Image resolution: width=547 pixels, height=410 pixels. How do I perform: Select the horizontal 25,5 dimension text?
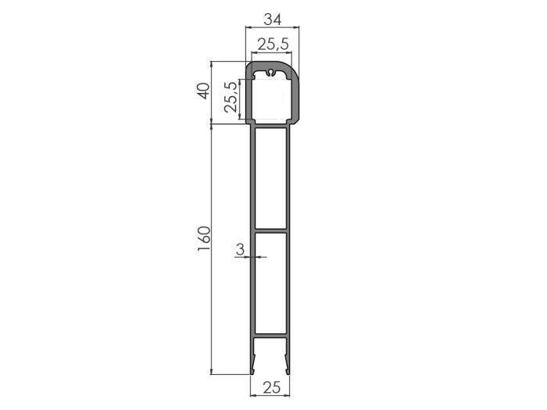(273, 45)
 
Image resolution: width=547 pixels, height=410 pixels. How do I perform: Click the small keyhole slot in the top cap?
(270, 73)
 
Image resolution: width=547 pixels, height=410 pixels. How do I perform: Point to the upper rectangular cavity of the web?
(270, 178)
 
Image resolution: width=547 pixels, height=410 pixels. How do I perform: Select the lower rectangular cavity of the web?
(270, 285)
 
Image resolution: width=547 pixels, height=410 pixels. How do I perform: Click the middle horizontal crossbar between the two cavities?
(270, 231)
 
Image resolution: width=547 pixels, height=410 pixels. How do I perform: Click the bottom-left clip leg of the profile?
(253, 359)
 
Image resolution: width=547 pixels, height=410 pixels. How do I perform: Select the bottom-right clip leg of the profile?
(288, 359)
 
